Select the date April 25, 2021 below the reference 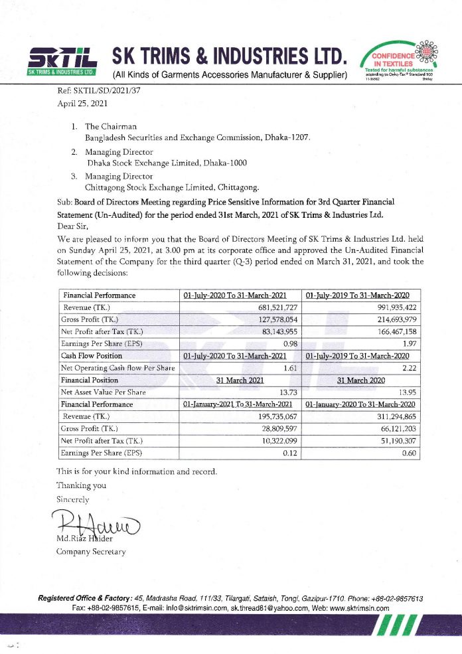pyautogui.click(x=78, y=105)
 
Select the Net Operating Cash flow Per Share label pyautogui.click(x=117, y=368)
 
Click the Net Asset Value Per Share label pyautogui.click(x=104, y=392)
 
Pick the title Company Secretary pyautogui.click(x=90, y=551)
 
